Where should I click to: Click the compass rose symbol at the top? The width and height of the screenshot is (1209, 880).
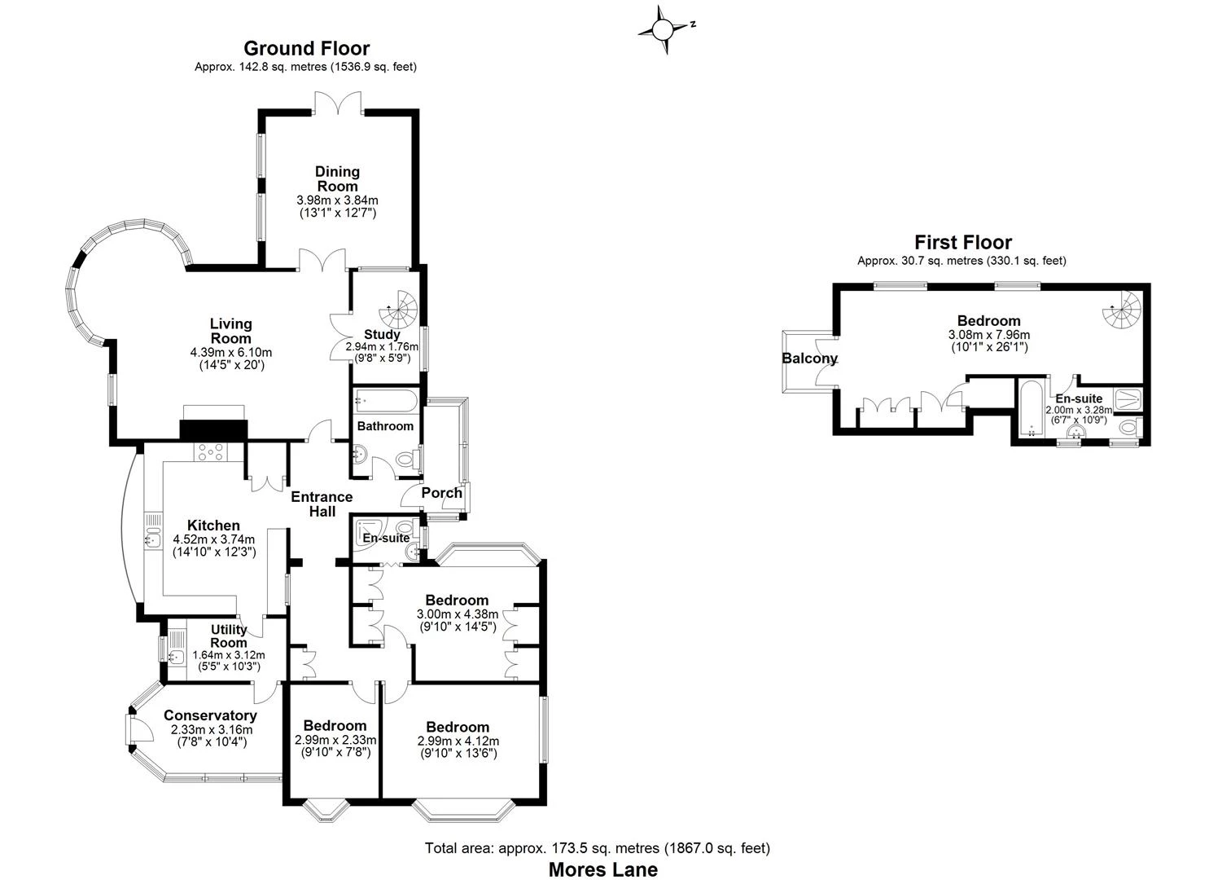[664, 30]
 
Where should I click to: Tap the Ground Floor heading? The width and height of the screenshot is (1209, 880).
[306, 49]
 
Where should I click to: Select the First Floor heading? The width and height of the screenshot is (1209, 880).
[962, 242]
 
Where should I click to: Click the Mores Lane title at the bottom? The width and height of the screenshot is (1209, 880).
[602, 869]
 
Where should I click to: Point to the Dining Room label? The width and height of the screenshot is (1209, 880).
[338, 178]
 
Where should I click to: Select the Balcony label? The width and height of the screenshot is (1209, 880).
[809, 359]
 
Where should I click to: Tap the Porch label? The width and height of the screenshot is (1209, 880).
[441, 493]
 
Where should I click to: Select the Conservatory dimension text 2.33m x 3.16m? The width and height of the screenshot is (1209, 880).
[211, 729]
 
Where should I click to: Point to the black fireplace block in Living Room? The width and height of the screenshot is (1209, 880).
[212, 430]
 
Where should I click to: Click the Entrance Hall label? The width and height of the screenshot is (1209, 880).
[322, 504]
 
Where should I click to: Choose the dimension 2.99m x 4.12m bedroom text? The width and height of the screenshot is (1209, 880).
[458, 741]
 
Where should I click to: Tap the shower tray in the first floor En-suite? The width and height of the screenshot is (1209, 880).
[1127, 399]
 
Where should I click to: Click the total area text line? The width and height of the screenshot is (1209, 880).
[597, 848]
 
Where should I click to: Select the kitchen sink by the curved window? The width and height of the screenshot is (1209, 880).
[151, 539]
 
